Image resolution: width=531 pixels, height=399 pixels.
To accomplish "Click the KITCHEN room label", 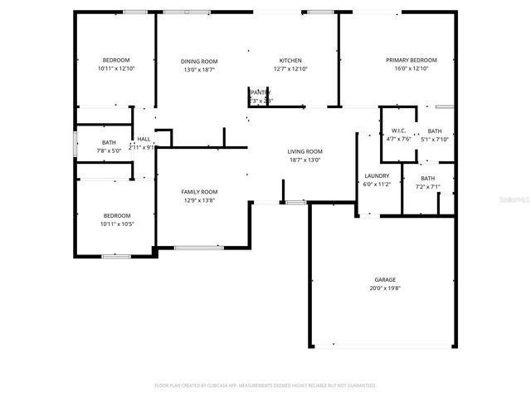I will (290, 61).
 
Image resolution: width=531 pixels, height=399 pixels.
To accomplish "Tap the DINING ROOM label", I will (199, 61).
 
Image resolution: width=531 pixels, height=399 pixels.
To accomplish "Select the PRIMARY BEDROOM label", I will (411, 60).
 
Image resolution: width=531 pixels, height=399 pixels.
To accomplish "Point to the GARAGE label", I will (384, 280).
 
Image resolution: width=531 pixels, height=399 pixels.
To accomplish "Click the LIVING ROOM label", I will (304, 151).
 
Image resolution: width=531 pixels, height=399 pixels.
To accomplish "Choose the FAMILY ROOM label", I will (199, 192).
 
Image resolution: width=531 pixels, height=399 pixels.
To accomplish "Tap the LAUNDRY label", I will (377, 175).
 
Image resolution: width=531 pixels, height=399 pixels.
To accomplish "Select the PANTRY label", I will (261, 93).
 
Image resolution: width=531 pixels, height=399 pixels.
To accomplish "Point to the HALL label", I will (144, 139).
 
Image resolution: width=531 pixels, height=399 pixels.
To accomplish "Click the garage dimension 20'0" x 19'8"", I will (384, 288).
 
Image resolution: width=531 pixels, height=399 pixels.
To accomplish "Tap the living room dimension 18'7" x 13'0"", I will (304, 160).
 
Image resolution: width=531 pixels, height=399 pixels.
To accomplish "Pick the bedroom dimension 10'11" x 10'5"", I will (116, 224).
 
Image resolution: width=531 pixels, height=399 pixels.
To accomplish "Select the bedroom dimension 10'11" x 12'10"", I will (116, 68).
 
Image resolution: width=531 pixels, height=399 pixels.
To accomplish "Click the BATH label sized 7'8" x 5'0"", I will (110, 143).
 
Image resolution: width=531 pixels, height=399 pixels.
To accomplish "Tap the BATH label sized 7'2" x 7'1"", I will (427, 178).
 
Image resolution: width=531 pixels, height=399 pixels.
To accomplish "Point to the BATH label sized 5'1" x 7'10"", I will (435, 131).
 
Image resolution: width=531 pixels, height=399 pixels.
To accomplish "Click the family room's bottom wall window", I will (197, 247).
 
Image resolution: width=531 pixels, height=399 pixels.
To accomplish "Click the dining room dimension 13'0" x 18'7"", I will (199, 69).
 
